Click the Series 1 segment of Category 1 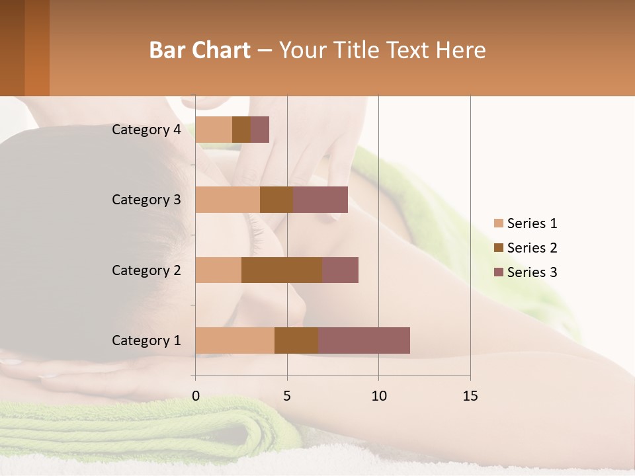235,340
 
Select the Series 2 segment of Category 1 296,340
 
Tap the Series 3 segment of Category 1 364,340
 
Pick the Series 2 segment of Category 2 282,270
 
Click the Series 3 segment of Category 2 340,270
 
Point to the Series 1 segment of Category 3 228,200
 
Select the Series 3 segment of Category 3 320,200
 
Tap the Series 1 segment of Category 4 214,130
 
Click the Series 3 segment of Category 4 260,130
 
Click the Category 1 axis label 146,340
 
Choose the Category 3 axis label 146,200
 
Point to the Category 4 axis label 146,130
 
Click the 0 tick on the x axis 196,396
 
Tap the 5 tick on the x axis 287,396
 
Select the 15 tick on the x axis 470,396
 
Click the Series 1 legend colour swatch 499,223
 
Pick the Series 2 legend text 532,248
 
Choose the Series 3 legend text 532,272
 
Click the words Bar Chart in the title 200,50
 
